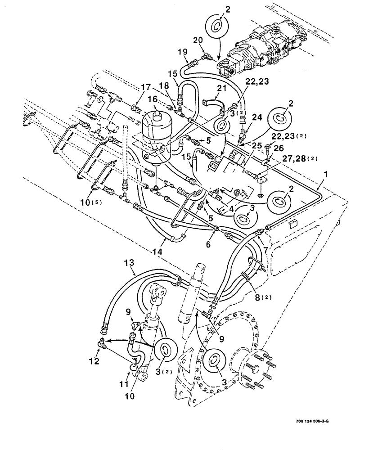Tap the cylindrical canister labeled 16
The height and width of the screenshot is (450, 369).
[x=157, y=137]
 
